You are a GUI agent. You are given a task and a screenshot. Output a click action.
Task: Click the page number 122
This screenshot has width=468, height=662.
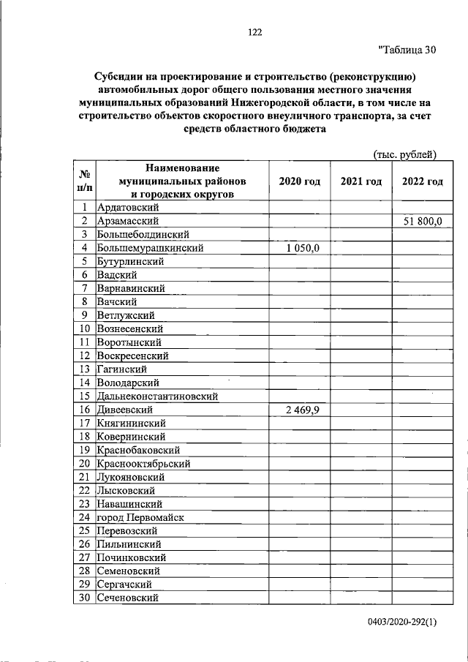pos(254,32)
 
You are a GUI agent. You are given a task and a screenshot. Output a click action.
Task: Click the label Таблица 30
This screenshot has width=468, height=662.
pos(407,50)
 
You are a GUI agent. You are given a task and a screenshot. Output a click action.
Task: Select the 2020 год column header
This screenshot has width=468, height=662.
pos(300,181)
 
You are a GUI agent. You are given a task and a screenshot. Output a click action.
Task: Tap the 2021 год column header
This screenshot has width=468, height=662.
pos(361,181)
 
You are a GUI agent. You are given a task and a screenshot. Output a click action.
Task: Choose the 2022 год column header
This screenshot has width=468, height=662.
pos(422,181)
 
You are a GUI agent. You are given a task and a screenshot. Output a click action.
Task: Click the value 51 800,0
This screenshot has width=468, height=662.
pos(422,221)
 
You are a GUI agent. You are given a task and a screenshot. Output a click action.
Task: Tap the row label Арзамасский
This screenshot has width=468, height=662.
pos(128,221)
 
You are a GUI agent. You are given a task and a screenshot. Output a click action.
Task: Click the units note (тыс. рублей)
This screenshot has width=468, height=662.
pos(404,154)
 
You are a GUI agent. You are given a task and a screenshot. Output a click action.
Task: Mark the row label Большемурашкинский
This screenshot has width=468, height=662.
pos(150,248)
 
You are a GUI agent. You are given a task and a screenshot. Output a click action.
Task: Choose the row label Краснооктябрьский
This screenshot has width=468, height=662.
pos(143,464)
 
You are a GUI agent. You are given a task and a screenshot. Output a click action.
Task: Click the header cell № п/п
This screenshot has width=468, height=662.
pos(84,181)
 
